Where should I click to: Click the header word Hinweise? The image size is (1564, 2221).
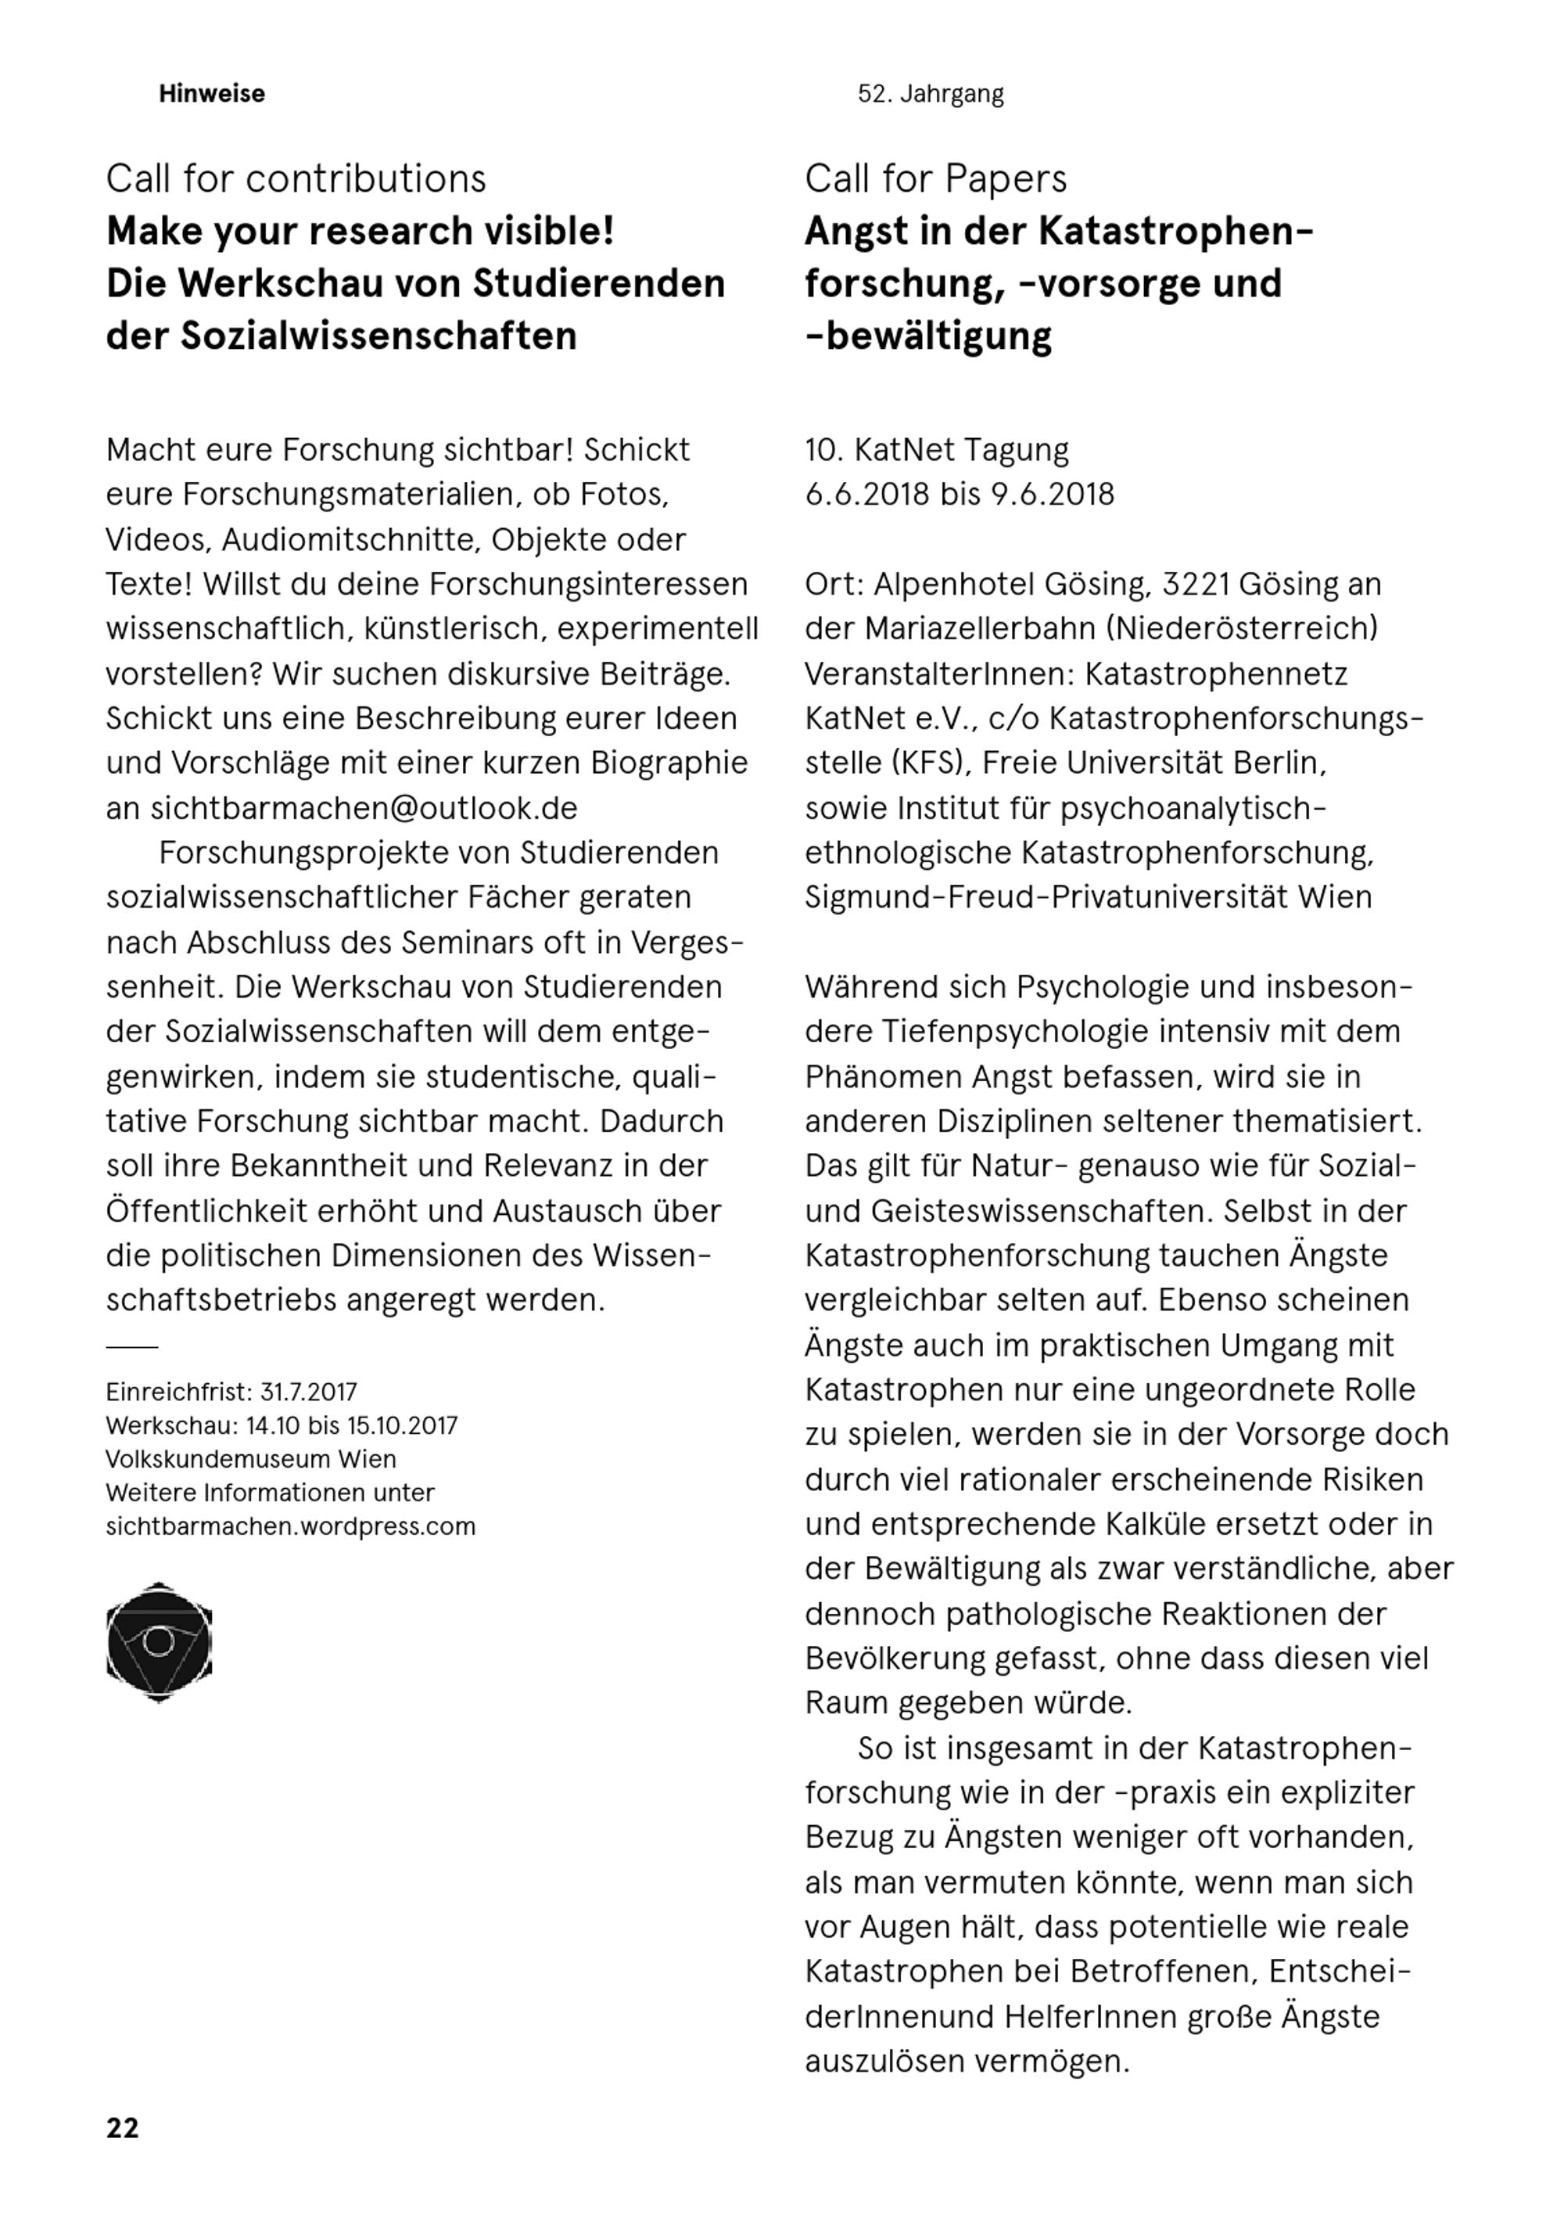point(212,94)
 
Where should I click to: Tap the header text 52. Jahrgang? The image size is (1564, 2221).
point(931,94)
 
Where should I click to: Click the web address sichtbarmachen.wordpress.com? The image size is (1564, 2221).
point(291,1526)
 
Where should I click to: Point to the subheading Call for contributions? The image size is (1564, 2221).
point(296,179)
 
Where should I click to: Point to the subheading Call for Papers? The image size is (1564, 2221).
point(935,179)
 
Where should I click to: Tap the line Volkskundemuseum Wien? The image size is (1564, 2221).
point(252,1459)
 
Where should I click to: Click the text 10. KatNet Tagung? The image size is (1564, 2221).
point(936,450)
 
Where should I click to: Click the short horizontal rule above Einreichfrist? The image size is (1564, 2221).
point(131,1346)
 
